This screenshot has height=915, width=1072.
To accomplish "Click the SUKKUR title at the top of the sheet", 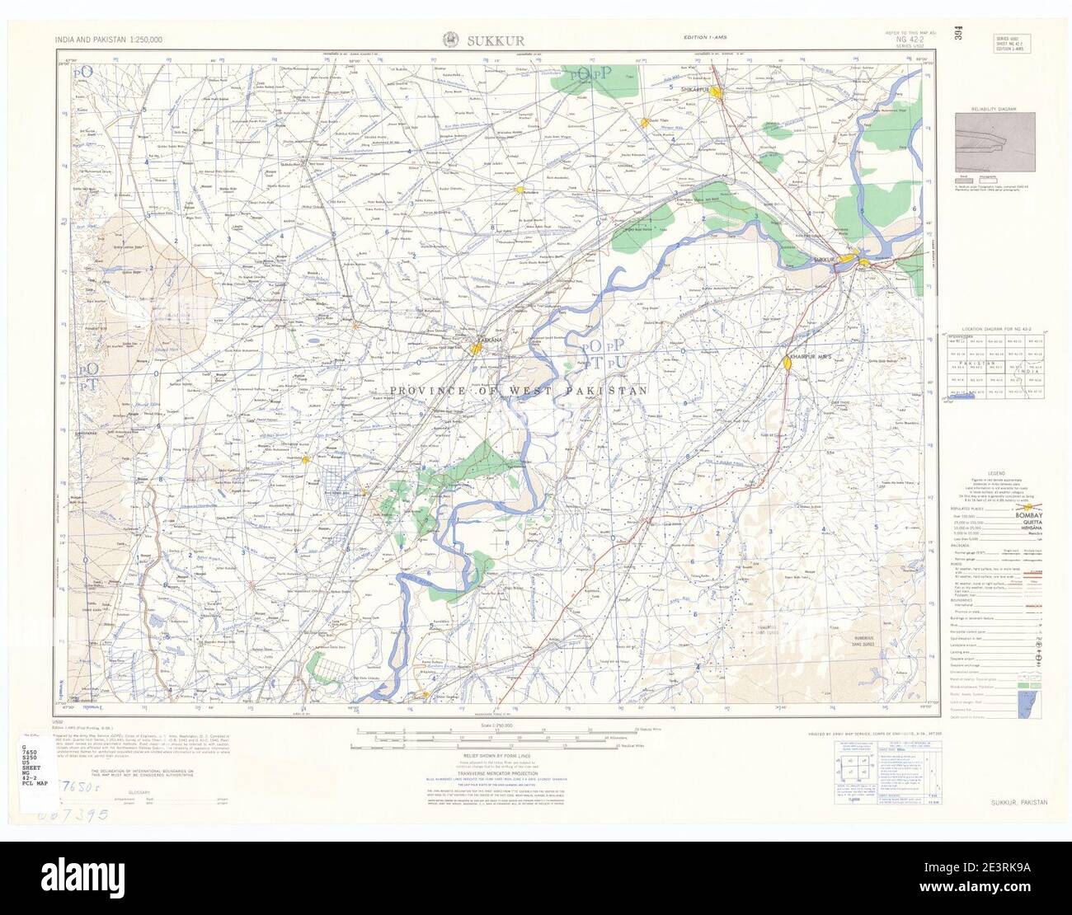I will click(x=496, y=40).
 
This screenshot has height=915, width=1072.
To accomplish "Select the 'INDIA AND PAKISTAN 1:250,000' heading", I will click(x=109, y=40).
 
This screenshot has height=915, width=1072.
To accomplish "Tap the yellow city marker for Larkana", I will click(x=477, y=350).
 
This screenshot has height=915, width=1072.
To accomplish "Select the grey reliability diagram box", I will click(x=994, y=143).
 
